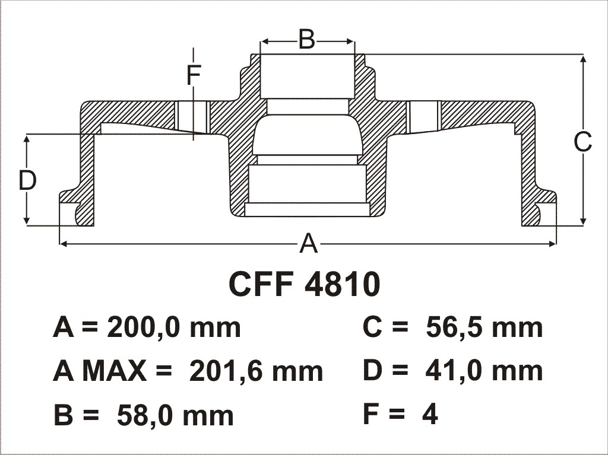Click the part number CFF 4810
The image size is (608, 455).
(305, 284)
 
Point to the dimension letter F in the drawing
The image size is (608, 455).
(194, 75)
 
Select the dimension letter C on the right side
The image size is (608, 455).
(583, 142)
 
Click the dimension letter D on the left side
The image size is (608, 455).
(27, 180)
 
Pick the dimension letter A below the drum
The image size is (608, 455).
(309, 243)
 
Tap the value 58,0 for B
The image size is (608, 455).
(145, 414)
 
